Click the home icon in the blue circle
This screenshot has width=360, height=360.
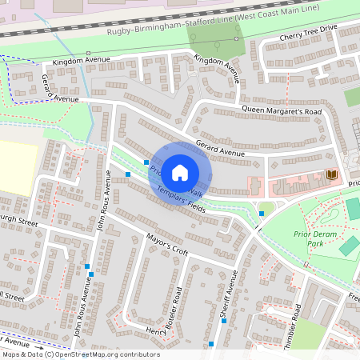pos(180,172)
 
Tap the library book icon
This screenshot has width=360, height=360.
pos(331,174)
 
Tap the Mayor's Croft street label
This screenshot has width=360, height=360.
pos(167,244)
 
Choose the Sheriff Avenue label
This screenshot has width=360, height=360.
pos(229,294)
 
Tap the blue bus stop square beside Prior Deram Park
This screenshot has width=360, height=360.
pos(262,213)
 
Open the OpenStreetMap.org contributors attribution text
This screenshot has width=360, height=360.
pos(80,354)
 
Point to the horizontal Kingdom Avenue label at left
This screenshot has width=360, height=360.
pos(79,62)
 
